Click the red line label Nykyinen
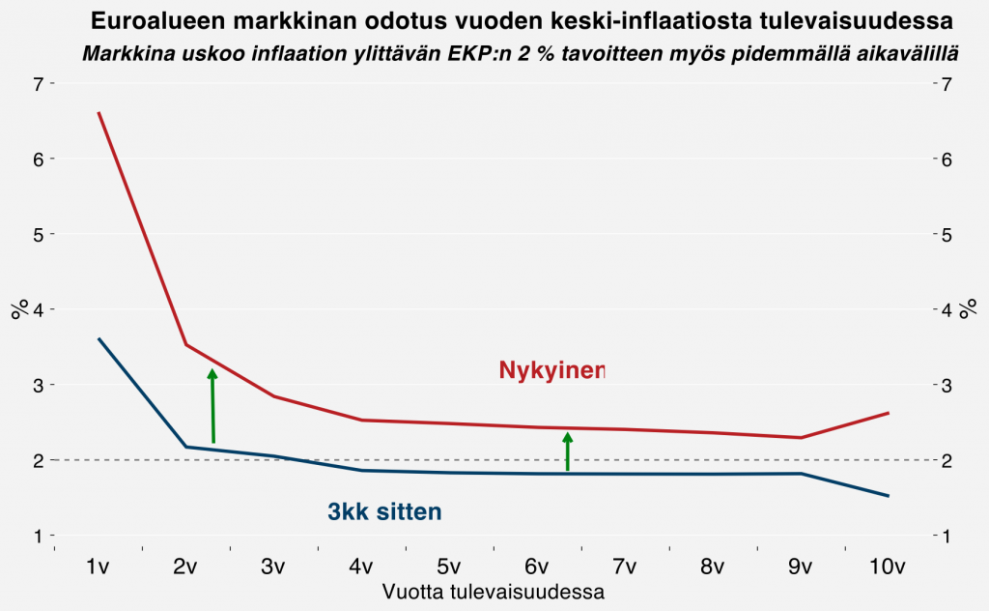(551, 370)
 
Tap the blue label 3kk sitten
(384, 512)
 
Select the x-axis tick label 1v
(99, 567)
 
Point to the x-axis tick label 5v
(449, 567)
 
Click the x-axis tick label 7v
(625, 567)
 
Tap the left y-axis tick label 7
(39, 84)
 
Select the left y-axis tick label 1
(39, 536)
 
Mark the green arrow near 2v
(212, 406)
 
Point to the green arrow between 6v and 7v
(568, 451)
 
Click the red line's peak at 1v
(99, 113)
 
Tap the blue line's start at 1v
(99, 338)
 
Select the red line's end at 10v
(888, 413)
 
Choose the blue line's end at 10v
(888, 496)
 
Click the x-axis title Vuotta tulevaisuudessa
(494, 592)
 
